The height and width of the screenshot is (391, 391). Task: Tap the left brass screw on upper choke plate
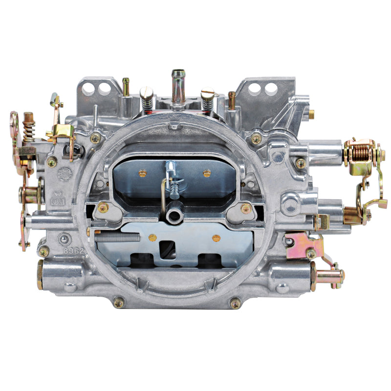coord(143,173)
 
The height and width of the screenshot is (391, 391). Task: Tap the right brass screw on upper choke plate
coord(207,173)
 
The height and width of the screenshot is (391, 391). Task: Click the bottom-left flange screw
coord(118,303)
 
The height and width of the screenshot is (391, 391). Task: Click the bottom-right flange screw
coord(236,303)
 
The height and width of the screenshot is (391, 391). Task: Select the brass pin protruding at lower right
coord(328,276)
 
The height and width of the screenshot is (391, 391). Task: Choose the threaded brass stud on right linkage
coord(352,215)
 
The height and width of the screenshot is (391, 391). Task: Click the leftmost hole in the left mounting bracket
coord(88,89)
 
